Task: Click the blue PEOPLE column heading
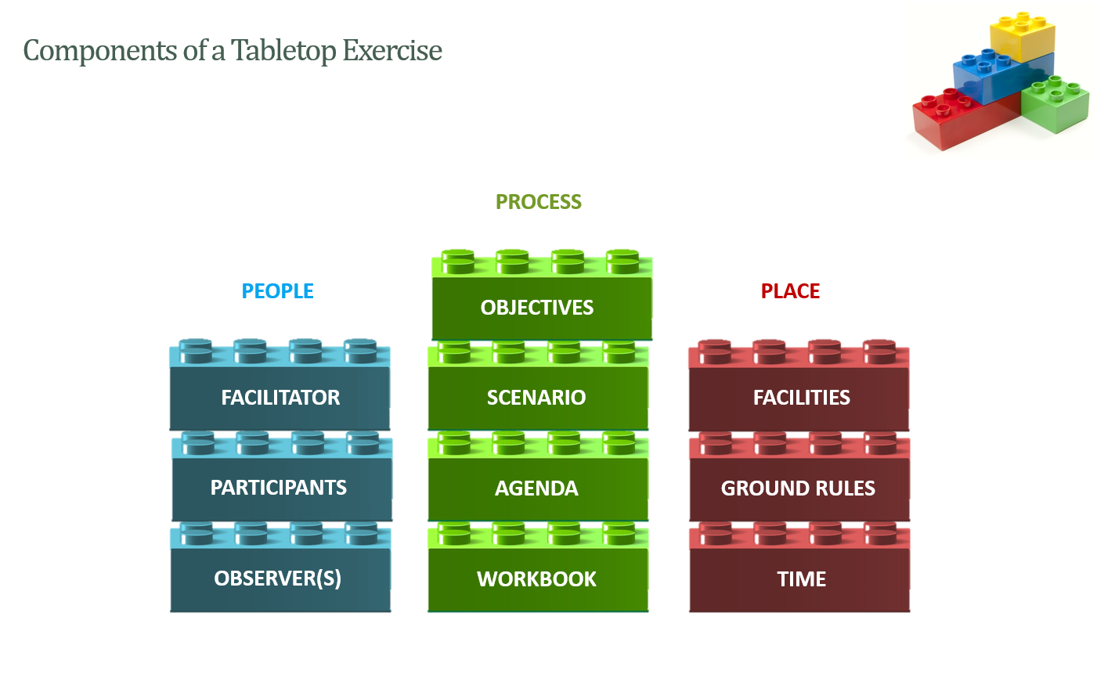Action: point(277,291)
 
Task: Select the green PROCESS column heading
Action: point(538,202)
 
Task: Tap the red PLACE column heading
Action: point(790,291)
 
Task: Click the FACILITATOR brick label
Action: point(280,398)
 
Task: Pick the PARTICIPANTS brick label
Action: point(278,488)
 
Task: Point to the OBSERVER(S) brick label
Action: point(278,578)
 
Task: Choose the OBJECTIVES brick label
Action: point(536,308)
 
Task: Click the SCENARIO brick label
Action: point(536,398)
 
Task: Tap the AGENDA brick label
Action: point(536,488)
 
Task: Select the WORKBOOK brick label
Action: point(536,579)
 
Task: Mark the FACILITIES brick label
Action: point(801,398)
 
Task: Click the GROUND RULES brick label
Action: point(798,488)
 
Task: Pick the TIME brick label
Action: point(801,579)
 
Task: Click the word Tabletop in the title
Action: point(283,51)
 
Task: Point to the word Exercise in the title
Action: point(392,50)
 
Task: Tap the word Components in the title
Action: point(100,51)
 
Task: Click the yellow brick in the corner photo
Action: point(1023,37)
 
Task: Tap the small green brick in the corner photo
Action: point(1056,104)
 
